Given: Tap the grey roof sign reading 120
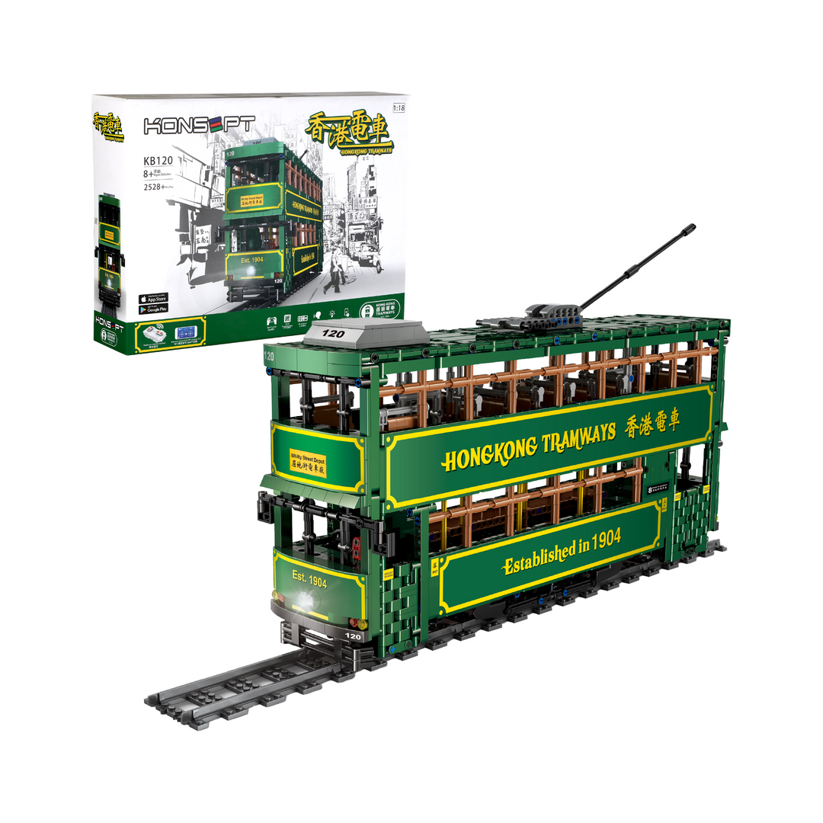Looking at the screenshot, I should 335,333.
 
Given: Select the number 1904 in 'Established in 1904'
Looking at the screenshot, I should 604,539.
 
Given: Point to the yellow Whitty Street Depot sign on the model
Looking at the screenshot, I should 308,463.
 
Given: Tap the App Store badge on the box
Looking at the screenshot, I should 153,299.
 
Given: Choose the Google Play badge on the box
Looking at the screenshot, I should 153,309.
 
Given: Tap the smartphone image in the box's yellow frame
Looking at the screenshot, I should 186,333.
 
